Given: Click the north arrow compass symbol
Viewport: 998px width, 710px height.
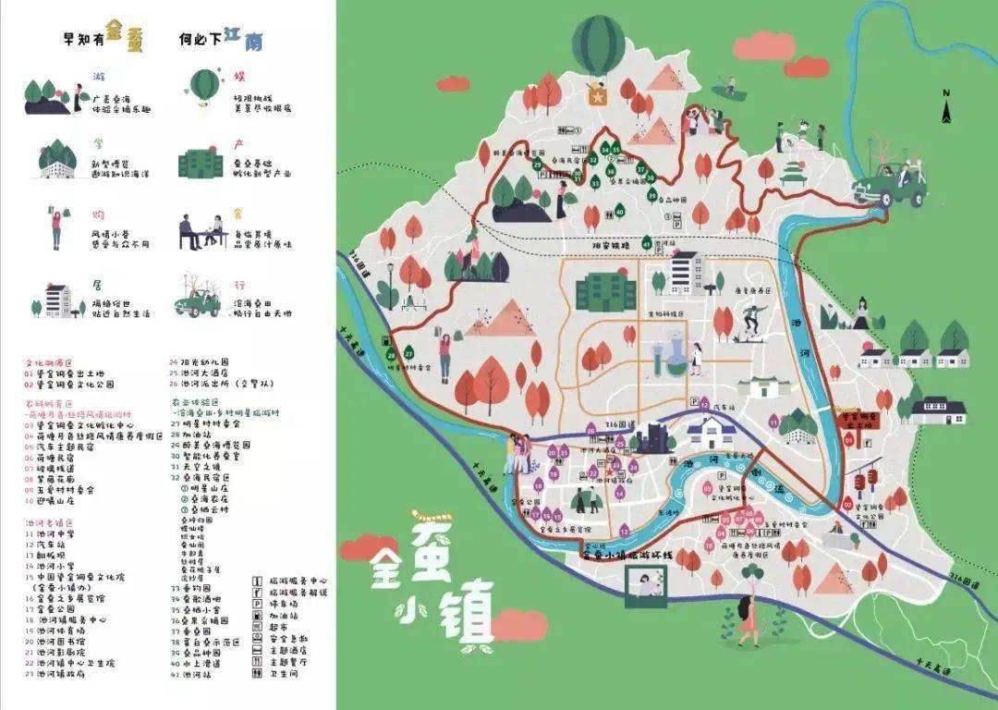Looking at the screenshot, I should point(946,106).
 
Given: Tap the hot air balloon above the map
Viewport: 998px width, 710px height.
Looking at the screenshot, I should point(598,44).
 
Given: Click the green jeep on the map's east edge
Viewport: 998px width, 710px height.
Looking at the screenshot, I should point(890,183).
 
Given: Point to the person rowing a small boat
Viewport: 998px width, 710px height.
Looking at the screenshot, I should point(729,89).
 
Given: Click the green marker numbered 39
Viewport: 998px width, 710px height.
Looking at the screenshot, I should point(652,195).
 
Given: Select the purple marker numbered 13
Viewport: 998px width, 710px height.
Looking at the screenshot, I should point(625,530).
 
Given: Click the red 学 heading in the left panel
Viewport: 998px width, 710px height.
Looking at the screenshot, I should point(98,145).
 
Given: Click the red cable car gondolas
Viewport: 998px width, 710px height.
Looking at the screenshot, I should point(864,481).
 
